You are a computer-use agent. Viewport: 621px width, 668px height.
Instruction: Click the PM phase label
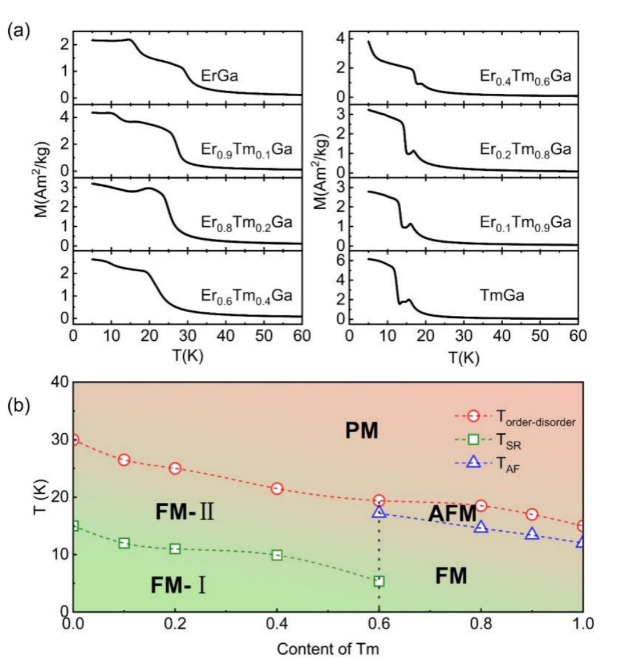point(361,430)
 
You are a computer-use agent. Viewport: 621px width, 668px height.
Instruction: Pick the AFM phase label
point(452,513)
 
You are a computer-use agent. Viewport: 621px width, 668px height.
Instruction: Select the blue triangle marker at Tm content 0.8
point(481,527)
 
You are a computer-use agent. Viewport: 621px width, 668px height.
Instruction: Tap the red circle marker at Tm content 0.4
point(277,489)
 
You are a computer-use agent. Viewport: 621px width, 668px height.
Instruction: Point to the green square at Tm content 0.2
point(176,549)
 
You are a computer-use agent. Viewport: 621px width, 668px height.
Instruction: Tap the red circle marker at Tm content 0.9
point(532,514)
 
